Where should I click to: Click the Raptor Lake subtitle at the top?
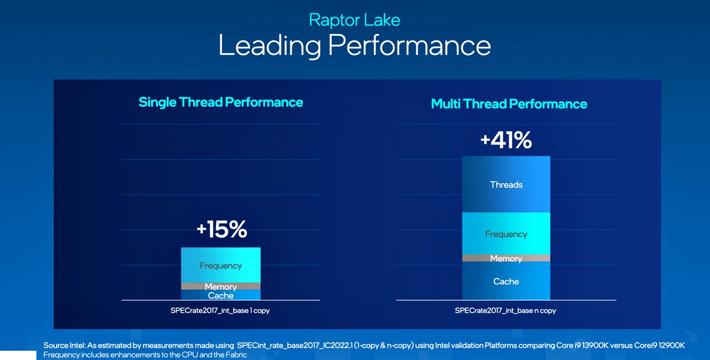[354, 20]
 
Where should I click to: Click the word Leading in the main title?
[269, 45]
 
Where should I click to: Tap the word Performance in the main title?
[409, 45]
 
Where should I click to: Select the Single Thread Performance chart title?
[221, 102]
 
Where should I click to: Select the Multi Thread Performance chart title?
[509, 104]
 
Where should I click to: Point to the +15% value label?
[222, 230]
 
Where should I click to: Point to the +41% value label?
[506, 140]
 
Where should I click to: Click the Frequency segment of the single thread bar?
[221, 265]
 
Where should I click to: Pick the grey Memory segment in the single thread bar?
[221, 286]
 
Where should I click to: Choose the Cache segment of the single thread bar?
[221, 295]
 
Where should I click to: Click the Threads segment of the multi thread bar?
[506, 185]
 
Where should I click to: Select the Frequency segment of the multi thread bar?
[506, 234]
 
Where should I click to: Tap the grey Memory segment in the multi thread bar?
[506, 259]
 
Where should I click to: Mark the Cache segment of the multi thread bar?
[506, 281]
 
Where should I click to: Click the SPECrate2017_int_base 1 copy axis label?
[220, 310]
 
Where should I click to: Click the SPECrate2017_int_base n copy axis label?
[505, 310]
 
